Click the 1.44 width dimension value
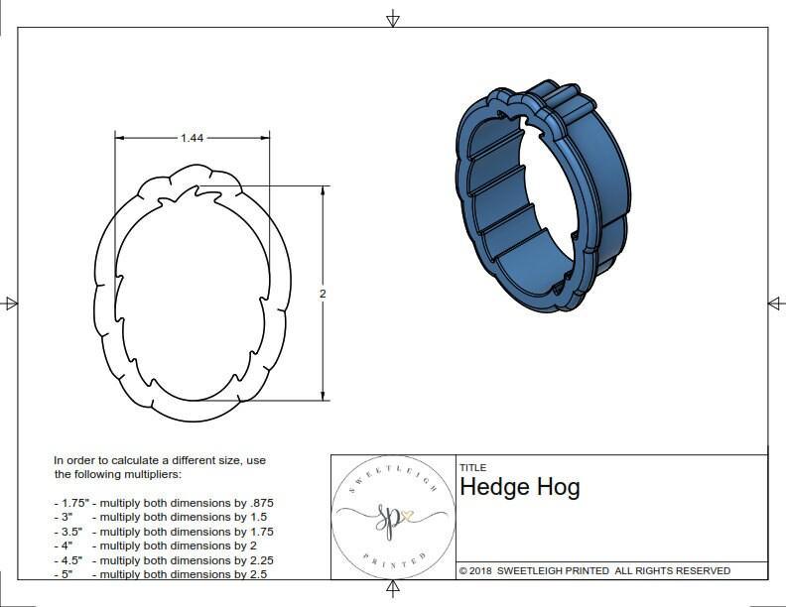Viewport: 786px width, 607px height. point(193,138)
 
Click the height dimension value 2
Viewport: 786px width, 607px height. point(323,294)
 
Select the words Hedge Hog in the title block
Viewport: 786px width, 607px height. point(519,487)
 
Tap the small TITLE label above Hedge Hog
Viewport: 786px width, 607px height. point(471,467)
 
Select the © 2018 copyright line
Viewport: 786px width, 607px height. point(594,570)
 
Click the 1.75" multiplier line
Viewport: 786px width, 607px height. point(164,503)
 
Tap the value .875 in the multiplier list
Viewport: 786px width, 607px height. point(258,503)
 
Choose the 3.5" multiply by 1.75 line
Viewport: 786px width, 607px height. point(164,532)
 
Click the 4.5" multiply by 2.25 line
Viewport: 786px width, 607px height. point(164,559)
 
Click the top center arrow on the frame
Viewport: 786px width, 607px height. point(393,18)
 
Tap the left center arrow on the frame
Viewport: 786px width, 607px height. point(11,303)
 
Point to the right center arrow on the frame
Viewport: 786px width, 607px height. point(775,303)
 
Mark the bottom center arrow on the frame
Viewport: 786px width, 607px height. point(393,589)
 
